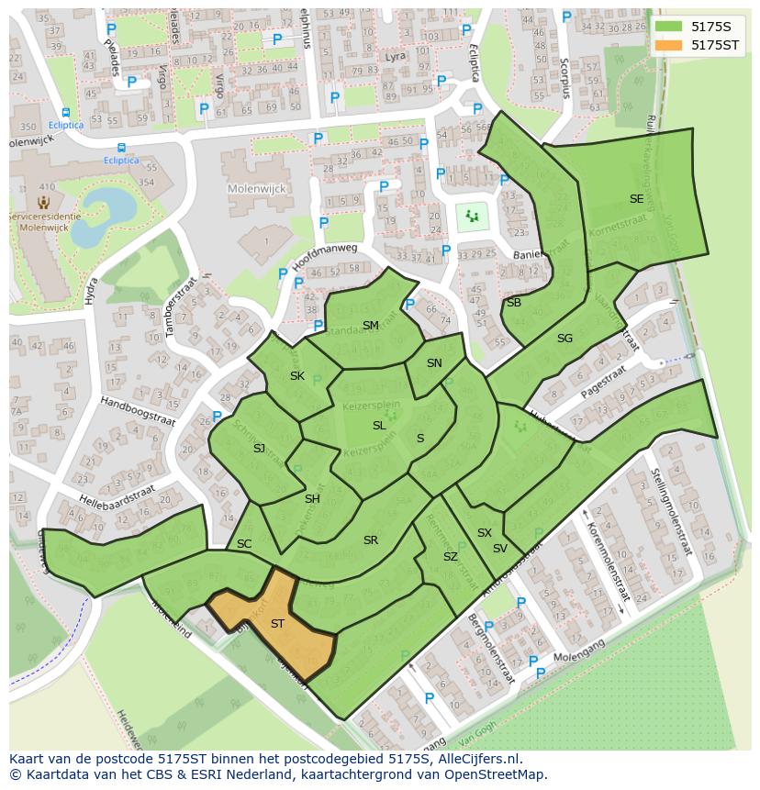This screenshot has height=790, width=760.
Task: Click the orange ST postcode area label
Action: pos(277,624)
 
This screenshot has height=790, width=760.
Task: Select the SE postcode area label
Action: pos(636,199)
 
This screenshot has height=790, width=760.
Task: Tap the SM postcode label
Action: pos(370,326)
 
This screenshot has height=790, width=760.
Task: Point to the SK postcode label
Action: pos(297,376)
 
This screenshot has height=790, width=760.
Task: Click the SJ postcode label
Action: pos(259,448)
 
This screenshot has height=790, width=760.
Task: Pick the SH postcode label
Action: pos(312,498)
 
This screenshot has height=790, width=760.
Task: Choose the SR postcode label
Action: pos(370,540)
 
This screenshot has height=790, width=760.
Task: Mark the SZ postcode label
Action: pos(450,557)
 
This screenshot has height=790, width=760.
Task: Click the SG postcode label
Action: pos(564,339)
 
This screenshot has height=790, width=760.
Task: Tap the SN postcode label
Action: pos(434,363)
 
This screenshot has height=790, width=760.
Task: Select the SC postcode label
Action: pos(244,544)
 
